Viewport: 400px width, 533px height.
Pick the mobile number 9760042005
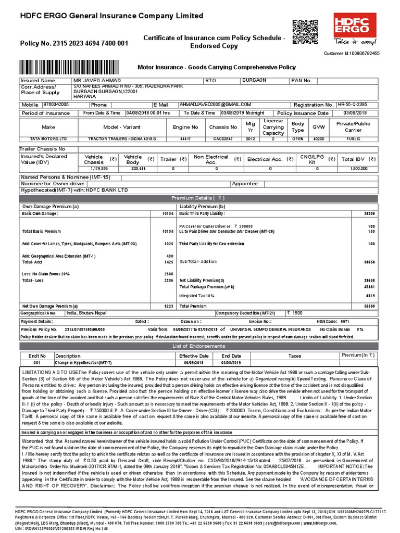pyautogui.click(x=56, y=104)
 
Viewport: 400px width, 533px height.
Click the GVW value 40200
pyautogui.click(x=318, y=139)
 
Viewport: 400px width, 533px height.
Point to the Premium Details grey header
pyautogui.click(x=199, y=198)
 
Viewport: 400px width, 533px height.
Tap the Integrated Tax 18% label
pyautogui.click(x=196, y=295)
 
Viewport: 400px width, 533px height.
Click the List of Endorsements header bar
pyautogui.click(x=199, y=346)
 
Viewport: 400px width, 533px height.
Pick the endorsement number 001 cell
pyautogui.click(x=36, y=362)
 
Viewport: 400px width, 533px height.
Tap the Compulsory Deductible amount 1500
pyautogui.click(x=297, y=313)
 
